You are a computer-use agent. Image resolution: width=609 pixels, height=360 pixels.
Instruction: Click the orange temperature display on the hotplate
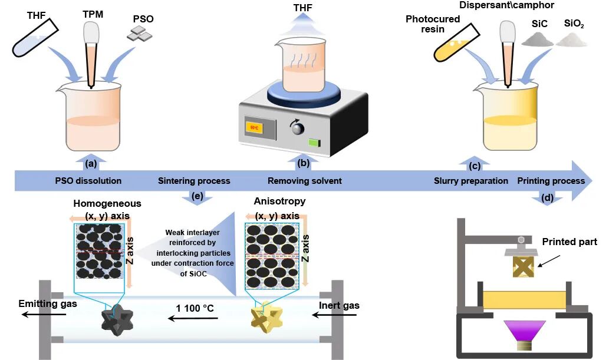[255, 125]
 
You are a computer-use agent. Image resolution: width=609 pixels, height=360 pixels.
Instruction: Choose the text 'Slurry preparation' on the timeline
[471, 181]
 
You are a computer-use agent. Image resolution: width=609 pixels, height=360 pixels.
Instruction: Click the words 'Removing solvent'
[304, 181]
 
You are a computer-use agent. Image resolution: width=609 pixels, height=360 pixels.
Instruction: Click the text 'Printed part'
[570, 242]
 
